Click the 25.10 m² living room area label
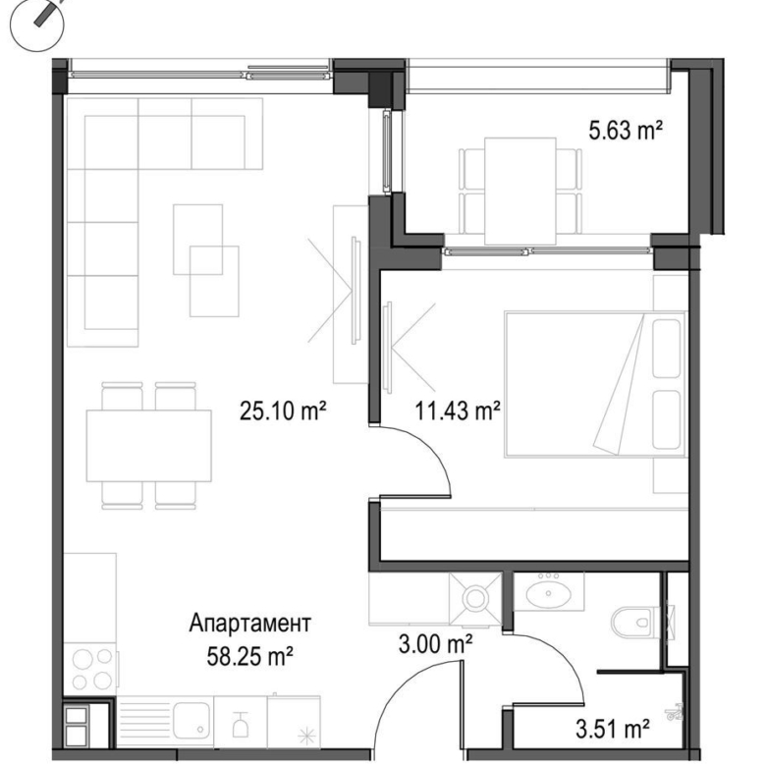tap(282, 413)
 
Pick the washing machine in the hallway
tap(475, 596)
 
